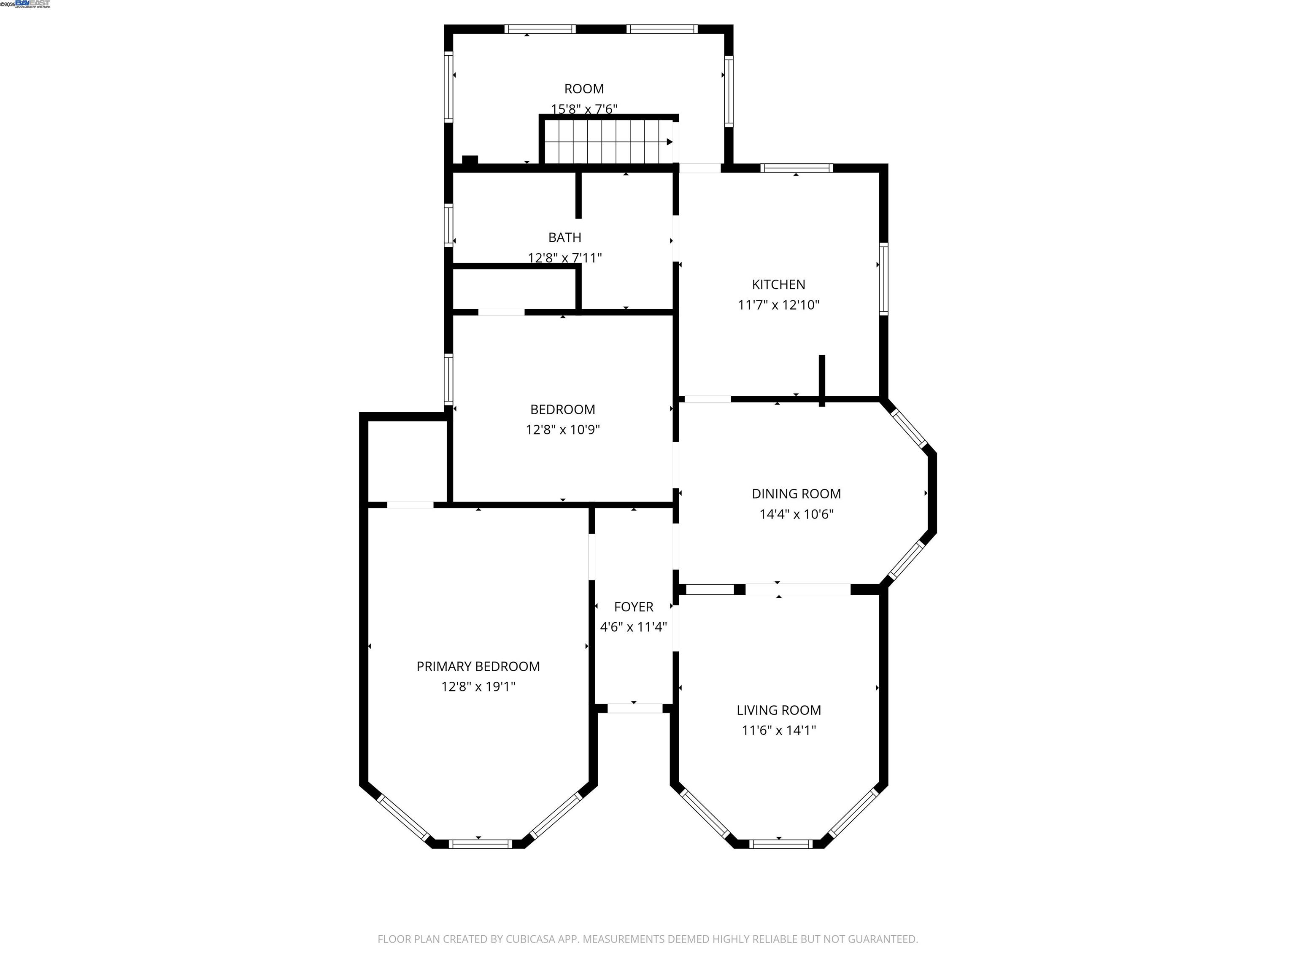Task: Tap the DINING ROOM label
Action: click(796, 494)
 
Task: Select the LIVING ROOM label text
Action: click(779, 710)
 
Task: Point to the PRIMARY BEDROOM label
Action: click(478, 666)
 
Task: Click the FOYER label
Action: click(633, 607)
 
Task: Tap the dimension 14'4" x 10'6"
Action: click(796, 514)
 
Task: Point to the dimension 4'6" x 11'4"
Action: click(633, 627)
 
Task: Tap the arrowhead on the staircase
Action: click(670, 142)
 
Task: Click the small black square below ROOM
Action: click(470, 160)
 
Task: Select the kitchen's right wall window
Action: click(883, 279)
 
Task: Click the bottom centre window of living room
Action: click(780, 844)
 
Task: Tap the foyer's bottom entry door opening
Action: click(634, 708)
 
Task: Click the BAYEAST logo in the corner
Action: click(33, 4)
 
